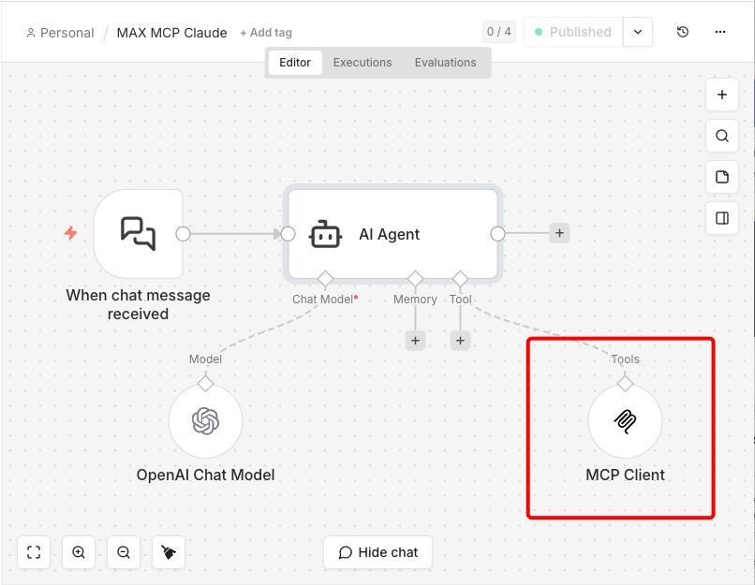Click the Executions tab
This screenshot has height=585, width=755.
pos(363,63)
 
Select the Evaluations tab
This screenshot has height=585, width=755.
pos(445,63)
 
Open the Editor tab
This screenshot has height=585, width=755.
pos(295,63)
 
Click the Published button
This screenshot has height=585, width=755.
pos(571,32)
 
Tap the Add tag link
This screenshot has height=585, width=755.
pos(266,33)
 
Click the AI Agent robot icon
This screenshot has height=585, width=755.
pos(325,234)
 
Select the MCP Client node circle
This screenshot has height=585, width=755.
pos(625,421)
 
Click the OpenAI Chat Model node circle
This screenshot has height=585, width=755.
pos(205,421)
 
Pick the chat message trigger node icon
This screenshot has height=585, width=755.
pos(139,233)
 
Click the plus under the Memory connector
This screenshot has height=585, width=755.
pos(415,341)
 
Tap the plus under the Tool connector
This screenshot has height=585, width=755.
pos(460,341)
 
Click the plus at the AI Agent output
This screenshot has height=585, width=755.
pos(559,233)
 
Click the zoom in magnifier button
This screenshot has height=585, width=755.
pos(79,552)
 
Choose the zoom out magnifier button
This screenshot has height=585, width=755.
pos(124,552)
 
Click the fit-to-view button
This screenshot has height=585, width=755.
pos(34,552)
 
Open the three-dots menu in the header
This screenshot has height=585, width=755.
pos(720,32)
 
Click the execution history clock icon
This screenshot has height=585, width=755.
pos(683,32)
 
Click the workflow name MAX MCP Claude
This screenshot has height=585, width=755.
pos(171,33)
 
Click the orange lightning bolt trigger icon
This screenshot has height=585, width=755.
pos(71,233)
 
